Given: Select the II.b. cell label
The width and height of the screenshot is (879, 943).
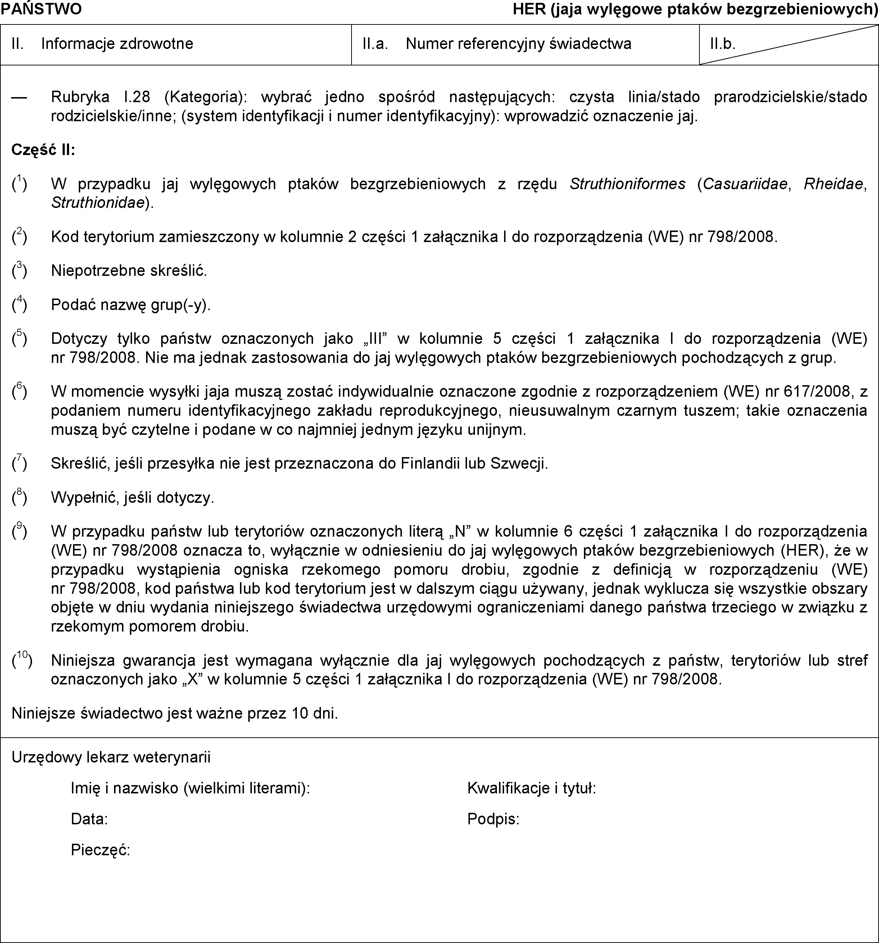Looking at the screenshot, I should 722,44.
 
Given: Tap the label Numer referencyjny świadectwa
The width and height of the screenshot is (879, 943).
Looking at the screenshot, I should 518,44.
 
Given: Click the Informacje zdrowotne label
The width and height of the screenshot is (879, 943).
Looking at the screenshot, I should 117,44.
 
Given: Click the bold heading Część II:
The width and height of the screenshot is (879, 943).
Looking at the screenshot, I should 43,150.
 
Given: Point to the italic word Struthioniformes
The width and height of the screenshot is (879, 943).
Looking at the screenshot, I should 627,183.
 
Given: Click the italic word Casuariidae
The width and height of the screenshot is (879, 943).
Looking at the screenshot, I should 746,183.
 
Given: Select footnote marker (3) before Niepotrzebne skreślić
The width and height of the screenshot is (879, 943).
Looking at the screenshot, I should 19,270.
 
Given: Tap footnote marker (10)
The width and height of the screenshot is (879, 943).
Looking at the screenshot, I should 22,660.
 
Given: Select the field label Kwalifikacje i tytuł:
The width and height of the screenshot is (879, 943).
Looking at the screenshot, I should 531,789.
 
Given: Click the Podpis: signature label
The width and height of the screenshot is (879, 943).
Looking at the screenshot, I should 493,819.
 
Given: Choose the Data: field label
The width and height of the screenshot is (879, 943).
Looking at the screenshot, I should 89,819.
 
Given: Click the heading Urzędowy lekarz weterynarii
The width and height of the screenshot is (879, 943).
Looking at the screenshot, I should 111,757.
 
